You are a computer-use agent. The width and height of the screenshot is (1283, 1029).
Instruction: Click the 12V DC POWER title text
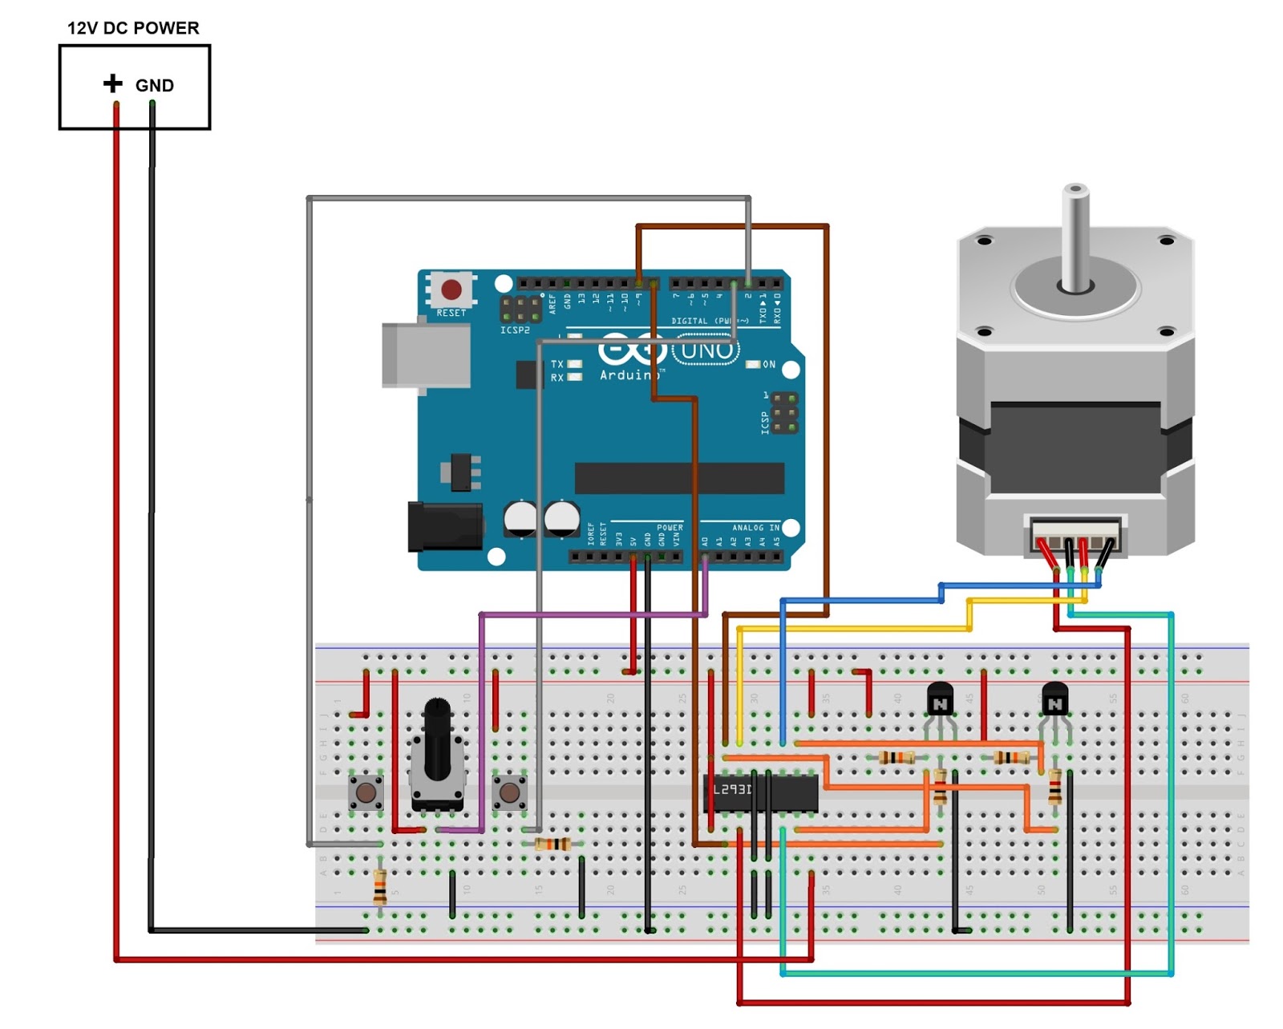[x=133, y=28]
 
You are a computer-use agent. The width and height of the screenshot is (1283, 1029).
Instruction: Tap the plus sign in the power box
[x=113, y=83]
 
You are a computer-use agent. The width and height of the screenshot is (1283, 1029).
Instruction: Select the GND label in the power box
[x=154, y=86]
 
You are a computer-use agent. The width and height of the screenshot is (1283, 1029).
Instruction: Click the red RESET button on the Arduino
[x=451, y=289]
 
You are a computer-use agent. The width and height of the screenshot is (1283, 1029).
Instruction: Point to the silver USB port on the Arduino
[x=425, y=356]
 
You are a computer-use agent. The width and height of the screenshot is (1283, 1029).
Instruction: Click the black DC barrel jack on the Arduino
[x=443, y=526]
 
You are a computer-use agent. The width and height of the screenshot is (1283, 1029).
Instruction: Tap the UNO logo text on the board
[x=706, y=350]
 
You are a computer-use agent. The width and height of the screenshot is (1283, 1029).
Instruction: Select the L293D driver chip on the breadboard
[x=760, y=792]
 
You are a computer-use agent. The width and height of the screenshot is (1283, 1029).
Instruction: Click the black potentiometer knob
[x=437, y=738]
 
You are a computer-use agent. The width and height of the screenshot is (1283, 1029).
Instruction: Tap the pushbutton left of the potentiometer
[x=366, y=793]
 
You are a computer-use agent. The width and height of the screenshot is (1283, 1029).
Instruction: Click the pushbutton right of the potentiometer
[x=509, y=793]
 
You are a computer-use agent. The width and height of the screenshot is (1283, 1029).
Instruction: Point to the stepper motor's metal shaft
[x=1075, y=237]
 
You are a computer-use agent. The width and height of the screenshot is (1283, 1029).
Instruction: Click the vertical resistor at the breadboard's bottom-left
[x=380, y=886]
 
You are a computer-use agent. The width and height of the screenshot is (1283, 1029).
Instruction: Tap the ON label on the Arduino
[x=768, y=365]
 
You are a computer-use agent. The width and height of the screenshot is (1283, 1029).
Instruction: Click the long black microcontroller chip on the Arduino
[x=679, y=478]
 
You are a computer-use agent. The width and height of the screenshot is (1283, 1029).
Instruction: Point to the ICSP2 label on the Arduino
[x=515, y=330]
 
